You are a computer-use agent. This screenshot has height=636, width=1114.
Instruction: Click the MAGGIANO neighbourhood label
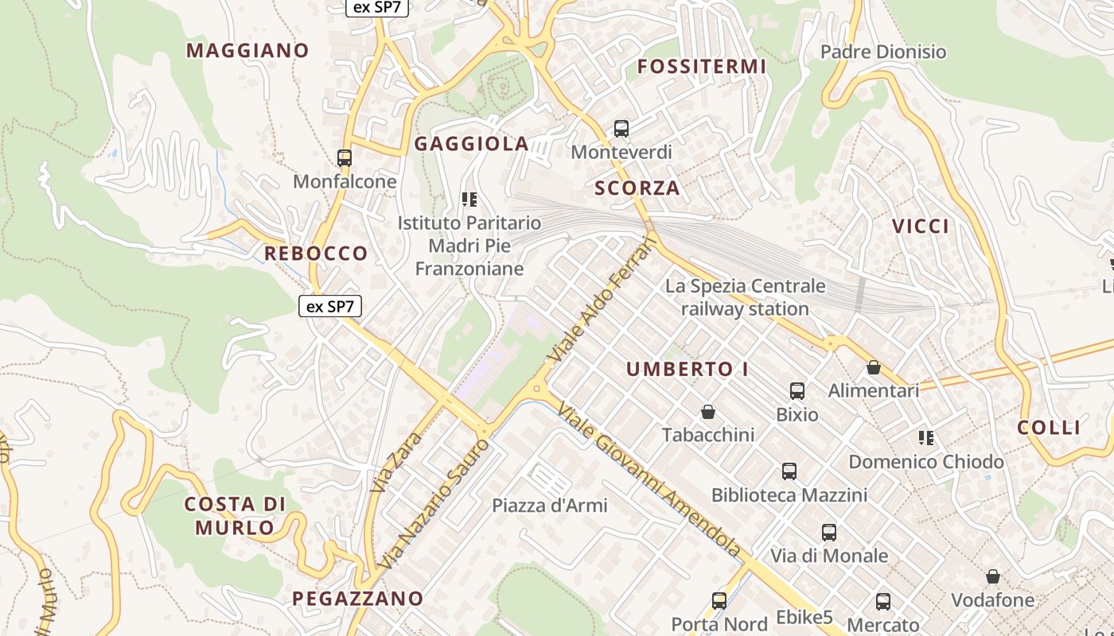pos(247,51)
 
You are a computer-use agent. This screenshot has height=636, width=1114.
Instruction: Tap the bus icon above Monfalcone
pos(345,158)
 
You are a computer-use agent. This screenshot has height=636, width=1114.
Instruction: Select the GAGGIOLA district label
pos(472,144)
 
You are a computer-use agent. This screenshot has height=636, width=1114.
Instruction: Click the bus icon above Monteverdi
pos(621,129)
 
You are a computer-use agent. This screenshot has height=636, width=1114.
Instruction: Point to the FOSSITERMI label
pos(702,67)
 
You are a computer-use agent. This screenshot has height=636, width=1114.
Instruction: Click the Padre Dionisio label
pos(883,52)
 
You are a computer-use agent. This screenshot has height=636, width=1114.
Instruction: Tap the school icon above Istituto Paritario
pos(469,199)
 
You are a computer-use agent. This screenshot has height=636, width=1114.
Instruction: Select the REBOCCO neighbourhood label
pos(316,254)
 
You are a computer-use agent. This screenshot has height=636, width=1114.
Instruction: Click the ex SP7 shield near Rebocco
pos(330,306)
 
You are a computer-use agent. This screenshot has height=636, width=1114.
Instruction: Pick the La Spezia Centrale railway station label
pos(746,297)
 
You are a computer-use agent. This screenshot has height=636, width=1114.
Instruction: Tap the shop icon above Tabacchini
pos(708,412)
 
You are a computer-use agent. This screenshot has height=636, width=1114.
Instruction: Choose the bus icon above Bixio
pos(797,391)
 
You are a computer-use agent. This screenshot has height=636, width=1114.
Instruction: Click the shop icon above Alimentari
pos(874,367)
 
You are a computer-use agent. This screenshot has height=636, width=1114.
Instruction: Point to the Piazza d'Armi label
pos(549,506)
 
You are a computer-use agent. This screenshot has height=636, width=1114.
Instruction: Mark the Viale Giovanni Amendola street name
pos(649,481)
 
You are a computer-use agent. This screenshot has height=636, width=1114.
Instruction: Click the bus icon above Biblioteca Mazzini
pos(789,471)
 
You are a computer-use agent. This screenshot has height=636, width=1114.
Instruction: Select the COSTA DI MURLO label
pos(235,515)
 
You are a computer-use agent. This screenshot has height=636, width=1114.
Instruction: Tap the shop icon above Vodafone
pos(993,576)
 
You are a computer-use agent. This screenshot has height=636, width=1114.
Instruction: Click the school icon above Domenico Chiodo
pos(926,438)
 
